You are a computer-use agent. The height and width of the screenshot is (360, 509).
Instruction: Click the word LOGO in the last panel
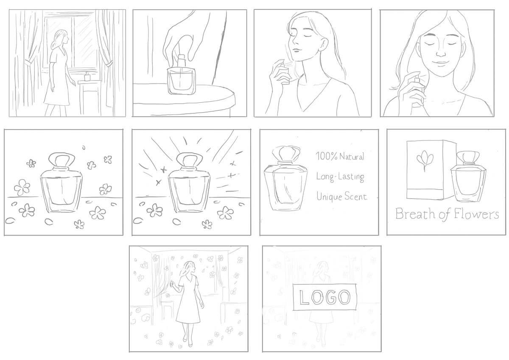[325, 297]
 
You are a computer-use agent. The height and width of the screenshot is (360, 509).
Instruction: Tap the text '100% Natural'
[340, 156]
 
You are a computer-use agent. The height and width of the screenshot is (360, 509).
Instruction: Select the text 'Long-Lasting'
[340, 177]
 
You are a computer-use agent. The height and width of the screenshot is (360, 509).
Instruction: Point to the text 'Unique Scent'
[341, 197]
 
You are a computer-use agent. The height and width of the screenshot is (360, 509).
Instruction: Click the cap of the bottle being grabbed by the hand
[181, 62]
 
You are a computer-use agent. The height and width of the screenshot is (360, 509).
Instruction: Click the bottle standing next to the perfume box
[468, 177]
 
